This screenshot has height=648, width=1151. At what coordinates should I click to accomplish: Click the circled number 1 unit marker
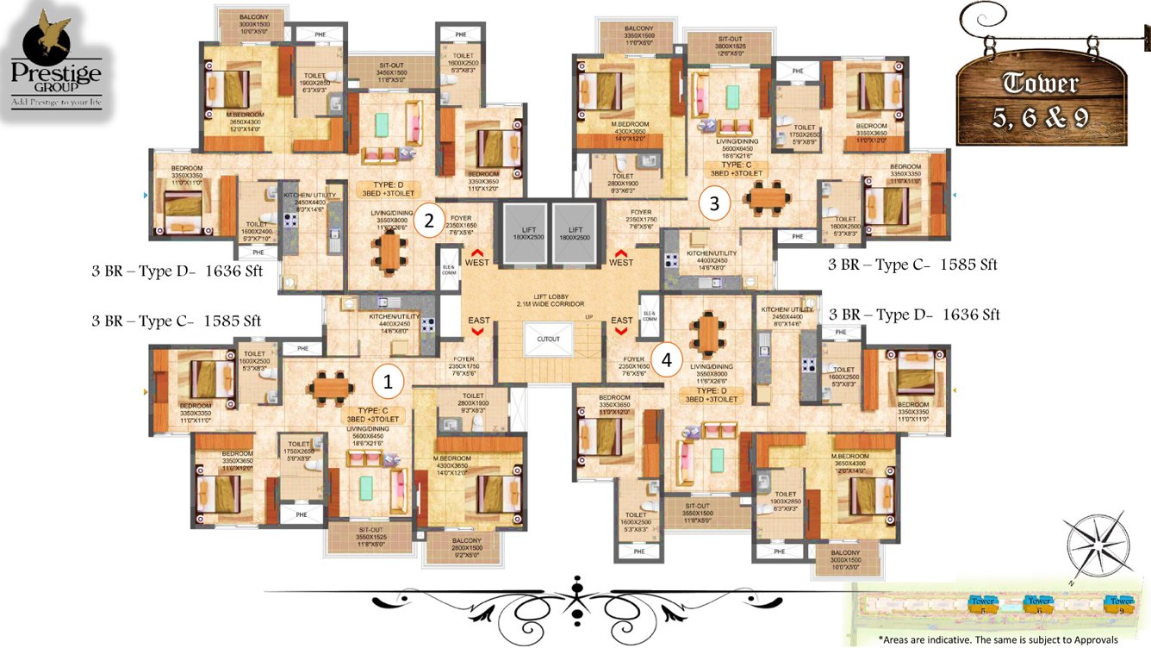click(388, 380)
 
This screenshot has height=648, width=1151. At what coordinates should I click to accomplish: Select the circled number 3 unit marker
click(714, 204)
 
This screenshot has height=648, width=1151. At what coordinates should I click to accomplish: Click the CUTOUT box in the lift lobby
click(548, 339)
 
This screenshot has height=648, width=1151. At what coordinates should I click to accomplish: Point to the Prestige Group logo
click(55, 60)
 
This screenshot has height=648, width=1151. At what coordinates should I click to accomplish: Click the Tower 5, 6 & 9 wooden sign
click(1040, 99)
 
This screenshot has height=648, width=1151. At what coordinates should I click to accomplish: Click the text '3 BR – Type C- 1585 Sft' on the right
click(912, 265)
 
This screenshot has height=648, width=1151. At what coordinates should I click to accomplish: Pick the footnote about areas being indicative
click(998, 639)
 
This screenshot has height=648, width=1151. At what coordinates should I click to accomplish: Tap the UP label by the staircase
click(590, 318)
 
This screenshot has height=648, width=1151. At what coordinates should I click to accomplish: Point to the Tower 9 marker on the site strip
click(1121, 602)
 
